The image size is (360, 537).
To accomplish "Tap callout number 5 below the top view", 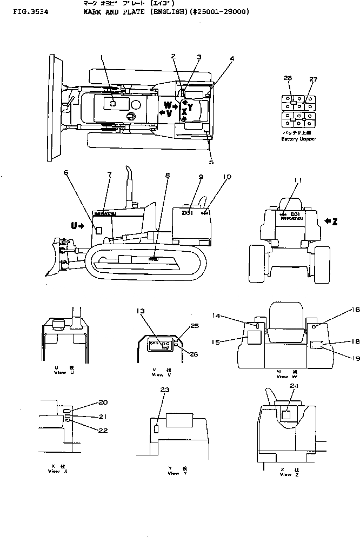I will [x=211, y=162].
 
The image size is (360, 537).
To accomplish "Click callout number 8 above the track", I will [x=167, y=175].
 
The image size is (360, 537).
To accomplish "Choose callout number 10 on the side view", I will [x=227, y=177].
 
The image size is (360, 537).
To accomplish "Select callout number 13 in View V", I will [x=141, y=311].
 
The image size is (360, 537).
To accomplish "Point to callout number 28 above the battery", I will [x=288, y=78].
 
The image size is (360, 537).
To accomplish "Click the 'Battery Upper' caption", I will [x=298, y=139].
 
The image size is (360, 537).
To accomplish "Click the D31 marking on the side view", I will [x=187, y=213].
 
